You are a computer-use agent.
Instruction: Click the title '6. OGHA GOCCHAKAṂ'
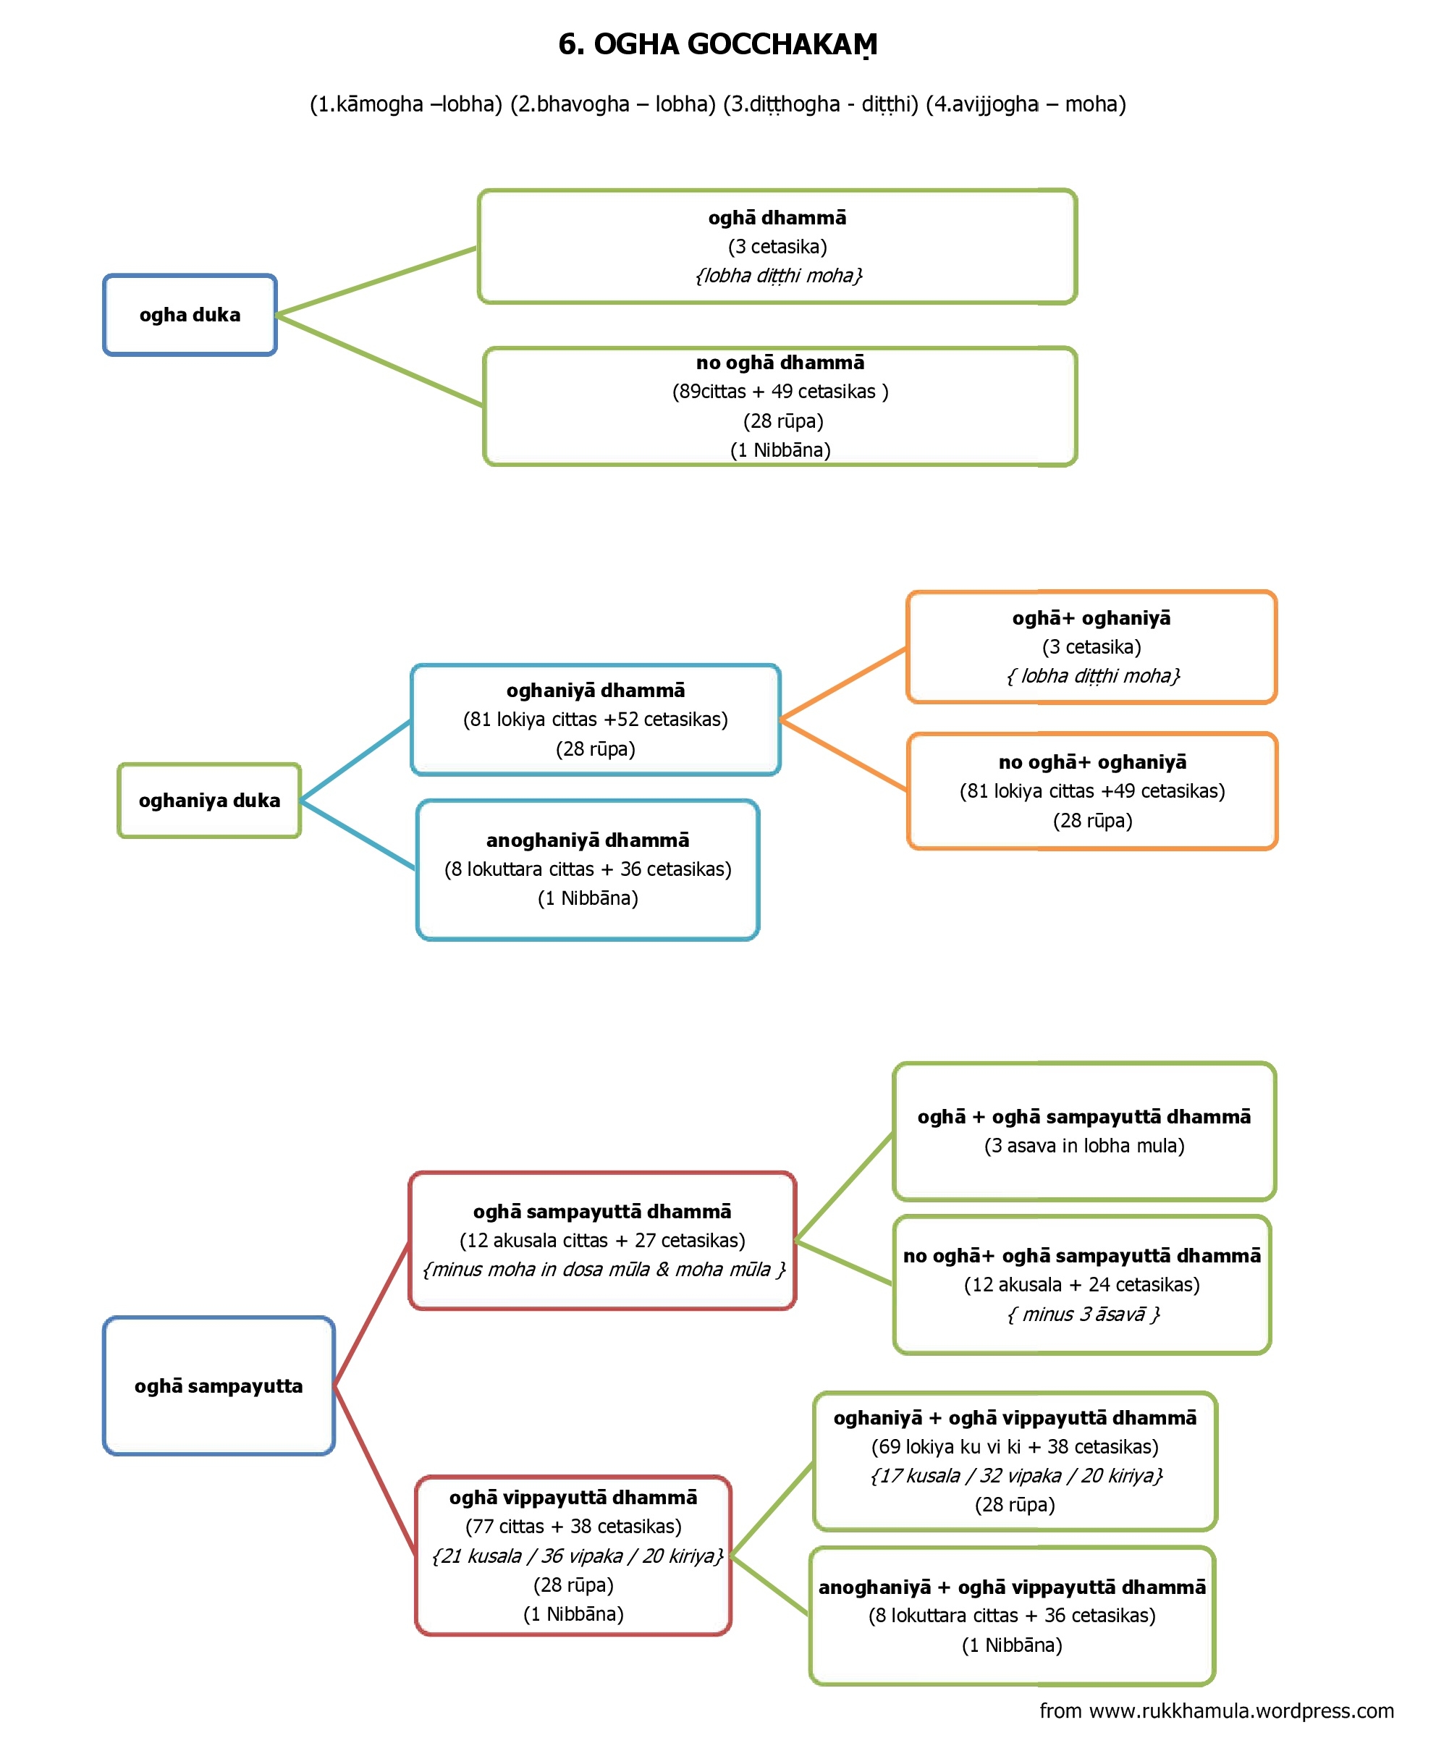coord(717,45)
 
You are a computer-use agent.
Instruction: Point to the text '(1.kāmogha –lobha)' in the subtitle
coord(406,104)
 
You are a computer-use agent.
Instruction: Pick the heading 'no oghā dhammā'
coord(780,363)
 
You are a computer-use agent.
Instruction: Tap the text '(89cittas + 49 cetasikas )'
coord(780,392)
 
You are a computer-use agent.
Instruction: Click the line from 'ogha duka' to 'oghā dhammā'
coord(376,282)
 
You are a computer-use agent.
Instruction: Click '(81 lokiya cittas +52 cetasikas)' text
coord(596,719)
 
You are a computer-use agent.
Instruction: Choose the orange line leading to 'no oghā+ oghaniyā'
coord(844,754)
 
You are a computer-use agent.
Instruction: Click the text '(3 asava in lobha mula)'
coord(1084,1145)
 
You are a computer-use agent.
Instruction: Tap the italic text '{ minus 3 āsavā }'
coord(1083,1314)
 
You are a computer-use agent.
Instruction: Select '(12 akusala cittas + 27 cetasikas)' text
coord(602,1240)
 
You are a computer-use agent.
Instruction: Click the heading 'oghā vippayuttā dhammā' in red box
coord(573,1497)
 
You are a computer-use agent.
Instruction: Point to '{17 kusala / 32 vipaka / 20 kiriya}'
coord(1015,1475)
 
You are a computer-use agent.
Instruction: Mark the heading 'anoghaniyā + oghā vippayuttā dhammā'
coord(1012,1587)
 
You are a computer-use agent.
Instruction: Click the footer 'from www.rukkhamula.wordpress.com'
coord(1216,1710)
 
